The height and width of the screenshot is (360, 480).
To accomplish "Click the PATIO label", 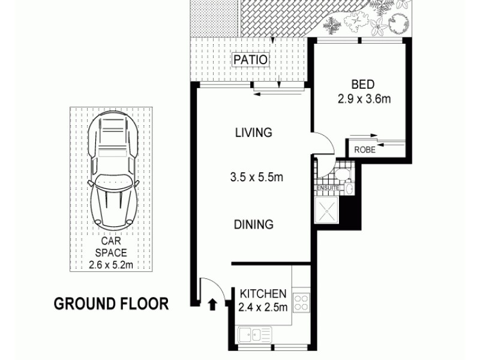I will [251, 61].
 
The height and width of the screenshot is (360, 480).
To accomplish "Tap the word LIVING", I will [253, 133].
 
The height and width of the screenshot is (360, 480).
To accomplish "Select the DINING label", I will [253, 224].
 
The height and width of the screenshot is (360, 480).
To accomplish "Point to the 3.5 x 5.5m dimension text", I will [256, 178].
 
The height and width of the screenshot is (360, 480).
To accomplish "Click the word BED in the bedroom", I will [364, 85].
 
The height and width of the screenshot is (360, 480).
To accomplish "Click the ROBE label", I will [365, 150].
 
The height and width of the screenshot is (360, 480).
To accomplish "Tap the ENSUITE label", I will [328, 188].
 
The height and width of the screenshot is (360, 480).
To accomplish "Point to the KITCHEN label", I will [263, 294].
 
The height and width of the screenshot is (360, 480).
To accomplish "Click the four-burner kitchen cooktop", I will [301, 303].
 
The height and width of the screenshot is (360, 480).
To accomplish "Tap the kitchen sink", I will [254, 334].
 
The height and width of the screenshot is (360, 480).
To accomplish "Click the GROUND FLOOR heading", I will [112, 304].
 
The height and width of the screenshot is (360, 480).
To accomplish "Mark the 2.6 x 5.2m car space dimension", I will [110, 263].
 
